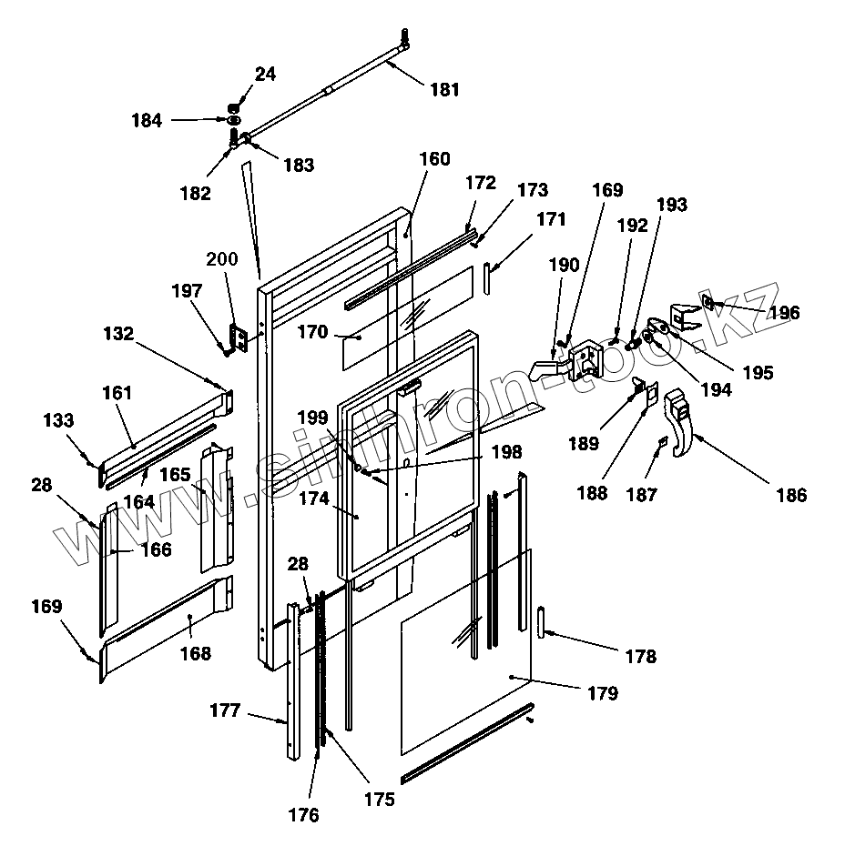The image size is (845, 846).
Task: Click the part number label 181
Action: click(444, 89)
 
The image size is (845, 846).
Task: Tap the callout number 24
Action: click(265, 74)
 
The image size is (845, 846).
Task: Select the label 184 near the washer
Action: click(147, 119)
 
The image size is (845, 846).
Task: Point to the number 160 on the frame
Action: click(434, 158)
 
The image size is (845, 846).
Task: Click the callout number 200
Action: click(221, 259)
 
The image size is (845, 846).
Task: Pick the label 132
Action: click(118, 334)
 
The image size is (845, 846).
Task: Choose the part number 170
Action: click(312, 332)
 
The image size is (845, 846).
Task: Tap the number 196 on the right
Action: click(784, 313)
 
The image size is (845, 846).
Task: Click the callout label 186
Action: click(791, 495)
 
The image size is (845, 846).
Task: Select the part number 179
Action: click(603, 693)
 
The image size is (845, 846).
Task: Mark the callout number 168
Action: click(195, 653)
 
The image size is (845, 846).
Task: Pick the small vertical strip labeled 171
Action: click(487, 278)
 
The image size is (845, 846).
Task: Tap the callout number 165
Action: click(177, 474)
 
